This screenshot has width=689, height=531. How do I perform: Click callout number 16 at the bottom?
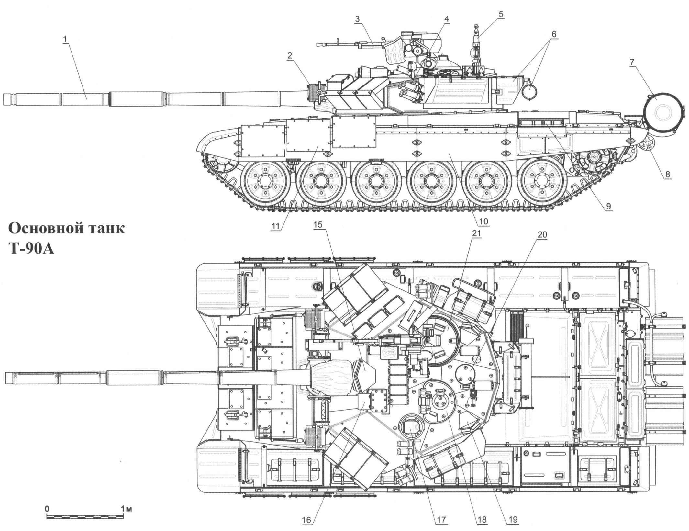pos(306,521)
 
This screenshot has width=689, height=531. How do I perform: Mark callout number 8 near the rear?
pos(668,174)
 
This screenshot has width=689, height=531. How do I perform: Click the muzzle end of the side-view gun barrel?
pos(7,99)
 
